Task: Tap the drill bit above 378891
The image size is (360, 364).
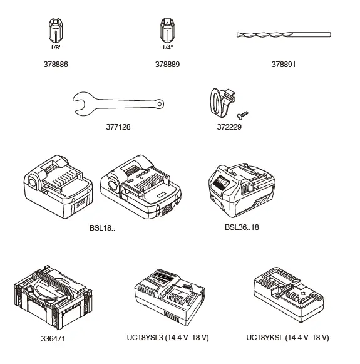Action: pos(283,35)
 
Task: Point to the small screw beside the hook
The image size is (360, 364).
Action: pos(242,113)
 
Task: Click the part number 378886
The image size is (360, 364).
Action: pos(56,64)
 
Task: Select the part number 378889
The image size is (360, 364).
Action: pos(168,64)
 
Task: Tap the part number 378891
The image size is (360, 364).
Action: pos(284,64)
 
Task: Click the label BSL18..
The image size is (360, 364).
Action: pos(102,227)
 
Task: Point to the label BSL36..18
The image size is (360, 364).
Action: pos(241,227)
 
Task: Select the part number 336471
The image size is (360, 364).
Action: pos(54,339)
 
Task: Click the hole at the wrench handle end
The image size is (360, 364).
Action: pos(158,105)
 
